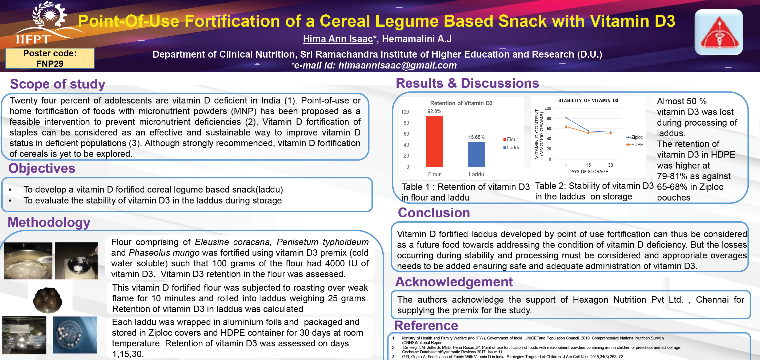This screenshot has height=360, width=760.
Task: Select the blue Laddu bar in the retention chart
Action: pos(476,154)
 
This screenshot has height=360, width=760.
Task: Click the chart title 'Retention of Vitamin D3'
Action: pos(461,103)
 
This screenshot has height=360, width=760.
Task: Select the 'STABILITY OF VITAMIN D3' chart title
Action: pos(588,100)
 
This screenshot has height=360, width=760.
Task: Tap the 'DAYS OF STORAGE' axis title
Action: pos(588,171)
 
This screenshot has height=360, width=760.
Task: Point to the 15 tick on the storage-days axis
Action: pos(588,165)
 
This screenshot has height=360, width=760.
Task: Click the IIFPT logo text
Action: pos(33,39)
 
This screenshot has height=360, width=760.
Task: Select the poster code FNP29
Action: pos(50,63)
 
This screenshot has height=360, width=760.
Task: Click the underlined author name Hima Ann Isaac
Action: pos(338,39)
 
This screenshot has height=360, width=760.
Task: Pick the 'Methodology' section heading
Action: pos(49,222)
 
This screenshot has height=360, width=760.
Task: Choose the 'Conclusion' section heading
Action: pos(434,213)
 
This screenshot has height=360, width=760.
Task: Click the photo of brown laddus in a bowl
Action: pos(47,299)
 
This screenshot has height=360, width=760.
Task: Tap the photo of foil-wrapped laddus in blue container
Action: pos(75,335)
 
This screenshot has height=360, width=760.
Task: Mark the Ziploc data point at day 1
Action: pos(566,118)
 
